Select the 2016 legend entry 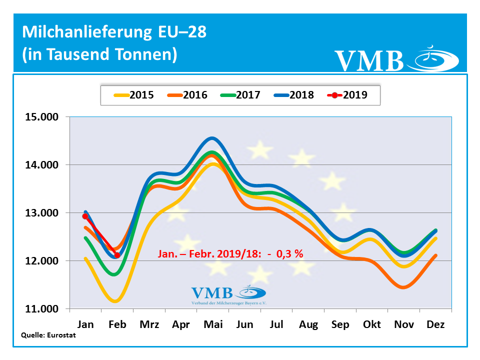pyautogui.click(x=187, y=95)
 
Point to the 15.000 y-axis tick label pyautogui.click(x=41, y=117)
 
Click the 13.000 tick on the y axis pyautogui.click(x=41, y=213)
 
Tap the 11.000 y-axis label pyautogui.click(x=41, y=309)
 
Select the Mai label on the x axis pyautogui.click(x=213, y=324)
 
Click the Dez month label pyautogui.click(x=435, y=324)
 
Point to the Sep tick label pyautogui.click(x=340, y=324)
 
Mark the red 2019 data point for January pyautogui.click(x=85, y=216)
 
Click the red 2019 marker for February pyautogui.click(x=117, y=255)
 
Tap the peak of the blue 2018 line pyautogui.click(x=212, y=138)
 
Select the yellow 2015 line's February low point pyautogui.click(x=116, y=301)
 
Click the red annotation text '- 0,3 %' pyautogui.click(x=285, y=253)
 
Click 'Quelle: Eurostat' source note pyautogui.click(x=48, y=335)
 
